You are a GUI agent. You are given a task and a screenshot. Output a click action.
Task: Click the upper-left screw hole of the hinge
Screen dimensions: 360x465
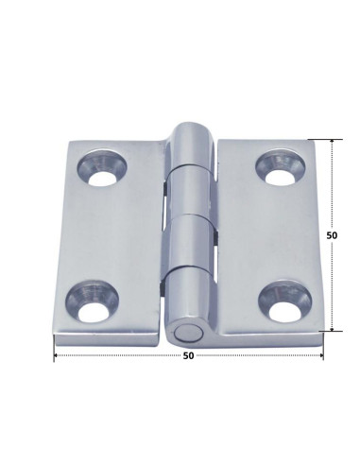102,168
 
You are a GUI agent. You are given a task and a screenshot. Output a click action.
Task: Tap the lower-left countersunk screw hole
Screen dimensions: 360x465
92,302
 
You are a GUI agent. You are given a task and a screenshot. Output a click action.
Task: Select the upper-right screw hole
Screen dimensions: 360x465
281,167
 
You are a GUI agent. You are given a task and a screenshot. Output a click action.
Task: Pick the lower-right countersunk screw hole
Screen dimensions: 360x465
284,301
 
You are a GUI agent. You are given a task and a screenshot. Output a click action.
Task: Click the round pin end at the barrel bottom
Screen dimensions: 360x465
188,335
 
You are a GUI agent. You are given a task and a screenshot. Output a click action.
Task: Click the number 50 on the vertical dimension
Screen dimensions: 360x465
332,235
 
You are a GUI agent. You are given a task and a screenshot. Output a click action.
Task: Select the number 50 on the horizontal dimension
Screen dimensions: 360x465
188,355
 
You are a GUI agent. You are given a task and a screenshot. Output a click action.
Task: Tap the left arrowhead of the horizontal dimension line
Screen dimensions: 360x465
56,355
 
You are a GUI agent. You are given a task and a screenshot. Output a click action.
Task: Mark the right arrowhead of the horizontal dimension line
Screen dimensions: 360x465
321,355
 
